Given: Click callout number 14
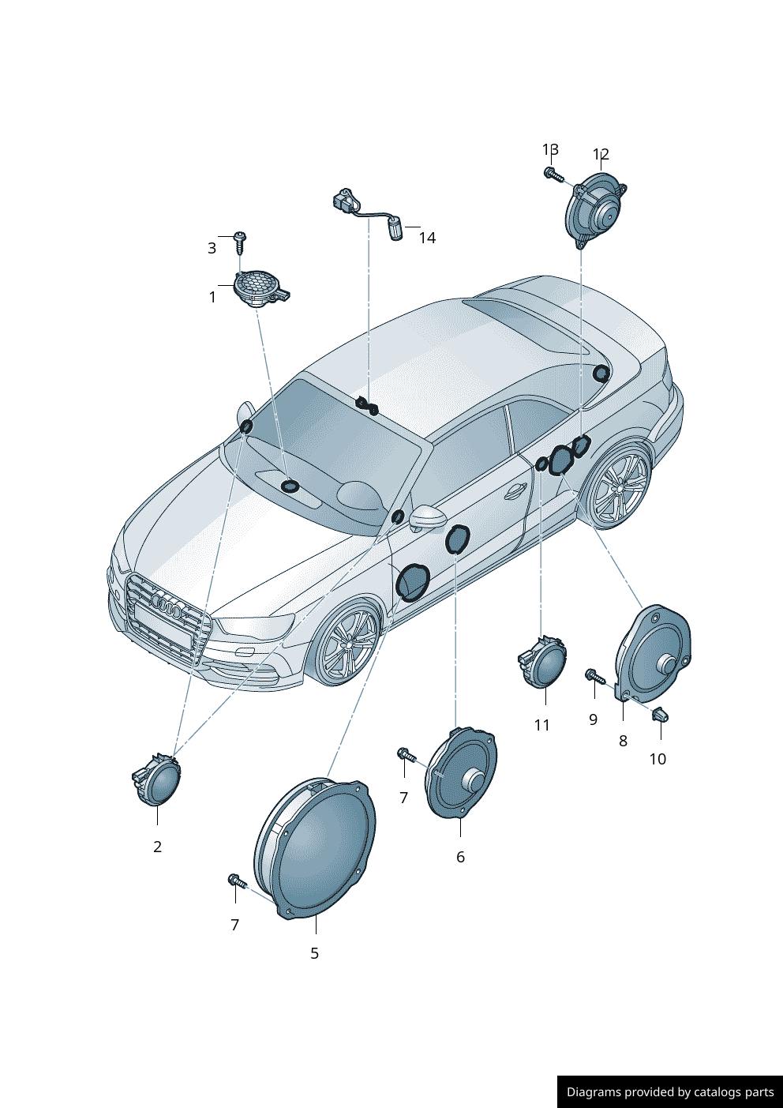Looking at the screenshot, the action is click(427, 238).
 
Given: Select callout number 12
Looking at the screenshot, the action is click(601, 154).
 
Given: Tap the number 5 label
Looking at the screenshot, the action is click(314, 953).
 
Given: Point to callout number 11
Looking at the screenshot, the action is click(541, 725).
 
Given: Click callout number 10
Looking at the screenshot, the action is click(657, 759).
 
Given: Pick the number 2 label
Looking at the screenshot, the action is click(157, 847).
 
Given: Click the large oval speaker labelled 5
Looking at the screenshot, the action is click(315, 849).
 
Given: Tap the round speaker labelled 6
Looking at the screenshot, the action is click(461, 774).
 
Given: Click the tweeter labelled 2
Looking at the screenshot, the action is click(156, 779).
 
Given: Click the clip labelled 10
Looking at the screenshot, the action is click(661, 714).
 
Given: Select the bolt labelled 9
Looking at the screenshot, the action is click(594, 676).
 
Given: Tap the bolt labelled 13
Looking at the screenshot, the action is click(553, 174).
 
